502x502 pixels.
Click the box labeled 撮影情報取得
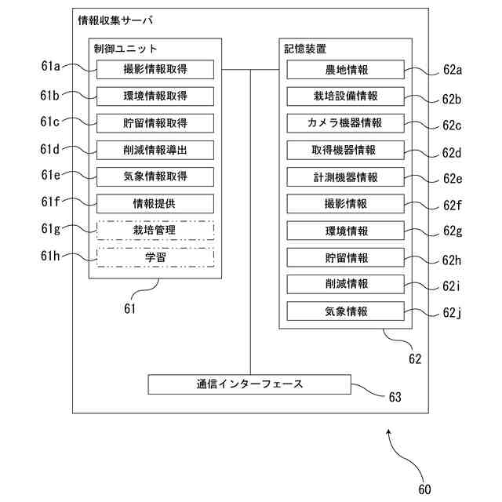(155, 70)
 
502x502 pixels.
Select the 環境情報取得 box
(155, 96)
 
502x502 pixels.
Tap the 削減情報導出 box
(155, 150)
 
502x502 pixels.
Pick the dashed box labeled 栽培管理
(155, 231)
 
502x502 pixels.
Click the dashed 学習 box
(155, 257)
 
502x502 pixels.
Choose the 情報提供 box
(155, 204)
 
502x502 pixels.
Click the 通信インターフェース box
(249, 384)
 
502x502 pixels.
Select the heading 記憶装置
(305, 49)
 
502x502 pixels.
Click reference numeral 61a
(50, 68)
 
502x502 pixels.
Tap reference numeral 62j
(453, 314)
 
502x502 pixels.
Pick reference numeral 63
(395, 398)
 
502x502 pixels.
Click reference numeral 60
(424, 489)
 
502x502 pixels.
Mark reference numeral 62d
(453, 152)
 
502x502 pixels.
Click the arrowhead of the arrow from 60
(390, 431)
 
